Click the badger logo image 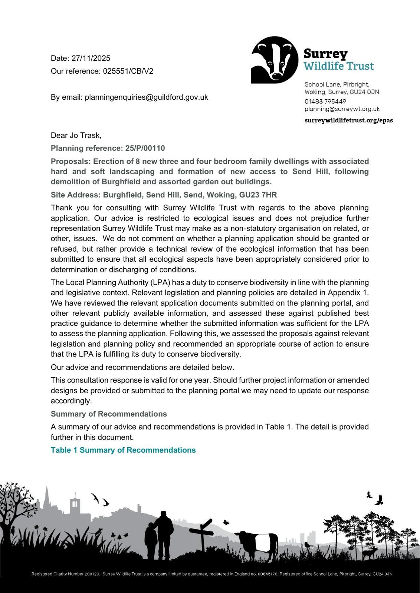tap(275, 60)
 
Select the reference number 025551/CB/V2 tap(128, 71)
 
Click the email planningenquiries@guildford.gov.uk tap(146, 97)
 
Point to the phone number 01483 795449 tap(325, 101)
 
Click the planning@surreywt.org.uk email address tap(342, 109)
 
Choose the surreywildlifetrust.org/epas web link tap(348, 120)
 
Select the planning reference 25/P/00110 tap(145, 148)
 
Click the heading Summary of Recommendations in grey tap(109, 414)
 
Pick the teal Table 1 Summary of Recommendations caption tap(123, 450)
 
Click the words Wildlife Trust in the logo tap(339, 66)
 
